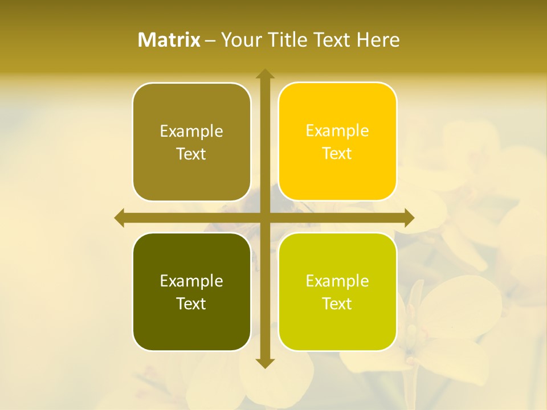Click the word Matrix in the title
coord(169,40)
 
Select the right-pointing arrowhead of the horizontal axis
coord(409,218)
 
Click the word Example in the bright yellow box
coord(337,131)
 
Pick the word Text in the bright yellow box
coord(337,154)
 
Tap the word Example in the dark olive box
coord(191,281)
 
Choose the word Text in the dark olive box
coord(191,304)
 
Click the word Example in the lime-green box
coord(337,281)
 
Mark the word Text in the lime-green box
coord(337,304)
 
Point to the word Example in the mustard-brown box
coord(191,132)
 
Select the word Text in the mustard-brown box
coord(191,154)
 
